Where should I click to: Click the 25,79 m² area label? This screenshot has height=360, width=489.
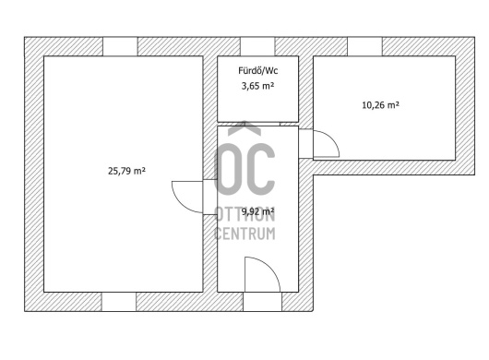pos(126,171)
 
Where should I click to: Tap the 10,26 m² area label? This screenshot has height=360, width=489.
pos(380,105)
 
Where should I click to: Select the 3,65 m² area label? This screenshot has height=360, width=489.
pos(257,86)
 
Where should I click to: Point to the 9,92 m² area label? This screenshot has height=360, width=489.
pos(257,211)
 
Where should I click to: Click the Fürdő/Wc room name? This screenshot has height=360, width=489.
pos(258,71)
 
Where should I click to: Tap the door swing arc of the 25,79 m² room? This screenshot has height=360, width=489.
pos(180,204)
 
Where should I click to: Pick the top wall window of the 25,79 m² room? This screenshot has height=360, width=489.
pos(120,46)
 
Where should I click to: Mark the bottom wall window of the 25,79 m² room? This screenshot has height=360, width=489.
pos(119,302)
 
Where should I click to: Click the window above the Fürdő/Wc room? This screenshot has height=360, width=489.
pos(257,46)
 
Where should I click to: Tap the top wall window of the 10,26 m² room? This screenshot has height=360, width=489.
pos(364,46)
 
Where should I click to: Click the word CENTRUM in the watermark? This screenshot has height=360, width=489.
pos(245,234)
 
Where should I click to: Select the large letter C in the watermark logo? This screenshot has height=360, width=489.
pos(261,169)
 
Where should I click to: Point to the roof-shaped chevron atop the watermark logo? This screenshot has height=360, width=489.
pos(244,128)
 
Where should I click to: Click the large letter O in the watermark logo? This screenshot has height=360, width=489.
pos(228,169)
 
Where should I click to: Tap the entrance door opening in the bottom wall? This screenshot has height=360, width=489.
pos(263,302)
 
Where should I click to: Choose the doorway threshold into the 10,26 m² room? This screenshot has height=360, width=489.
pos(306,143)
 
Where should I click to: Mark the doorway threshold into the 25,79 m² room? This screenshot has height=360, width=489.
pos(210,198)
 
